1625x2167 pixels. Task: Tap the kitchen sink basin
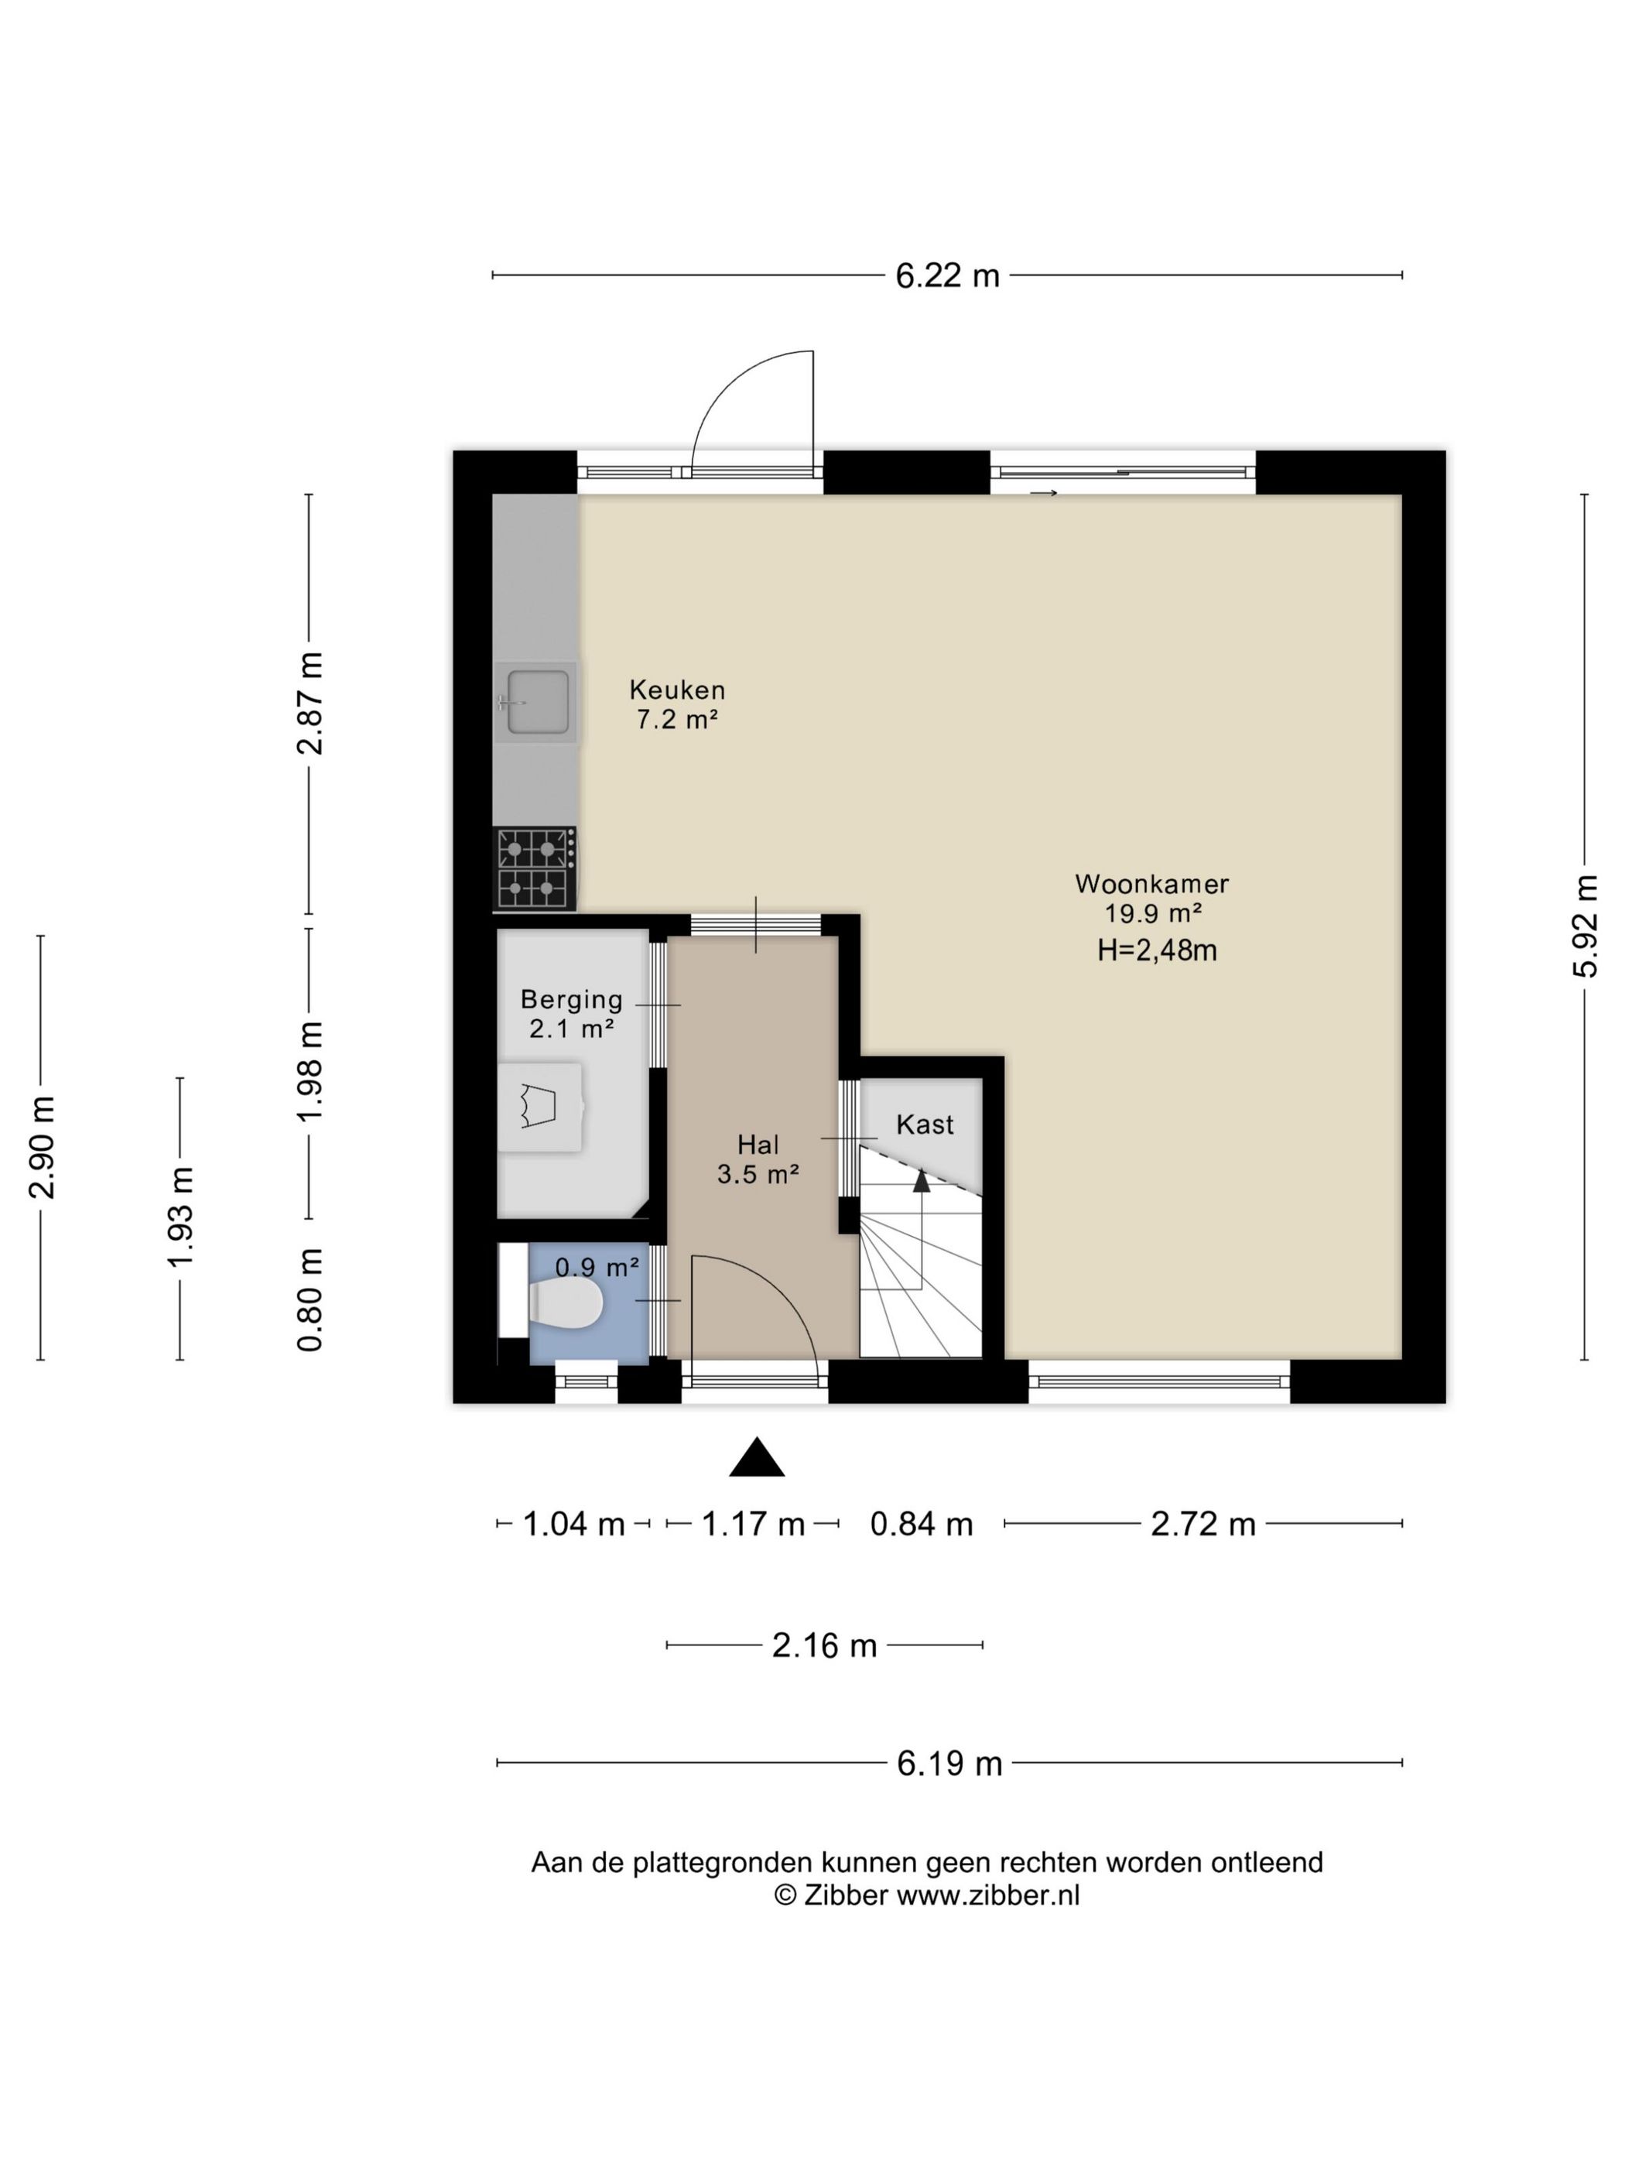tap(538, 701)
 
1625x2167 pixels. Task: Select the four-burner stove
tap(534, 868)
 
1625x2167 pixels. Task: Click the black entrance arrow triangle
tap(756, 1456)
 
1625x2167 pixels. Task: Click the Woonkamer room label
tap(1152, 884)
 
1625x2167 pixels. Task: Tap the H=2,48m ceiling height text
tap(1157, 950)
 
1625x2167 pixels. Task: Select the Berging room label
tap(571, 999)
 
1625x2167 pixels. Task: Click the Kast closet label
tap(925, 1124)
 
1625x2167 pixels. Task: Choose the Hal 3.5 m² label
tap(758, 1159)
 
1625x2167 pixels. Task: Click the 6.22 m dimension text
tap(947, 276)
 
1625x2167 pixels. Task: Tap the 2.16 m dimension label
tap(824, 1646)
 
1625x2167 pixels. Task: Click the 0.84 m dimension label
tap(922, 1525)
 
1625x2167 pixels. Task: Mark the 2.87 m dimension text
tap(310, 704)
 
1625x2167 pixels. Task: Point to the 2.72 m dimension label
tap(1202, 1525)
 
